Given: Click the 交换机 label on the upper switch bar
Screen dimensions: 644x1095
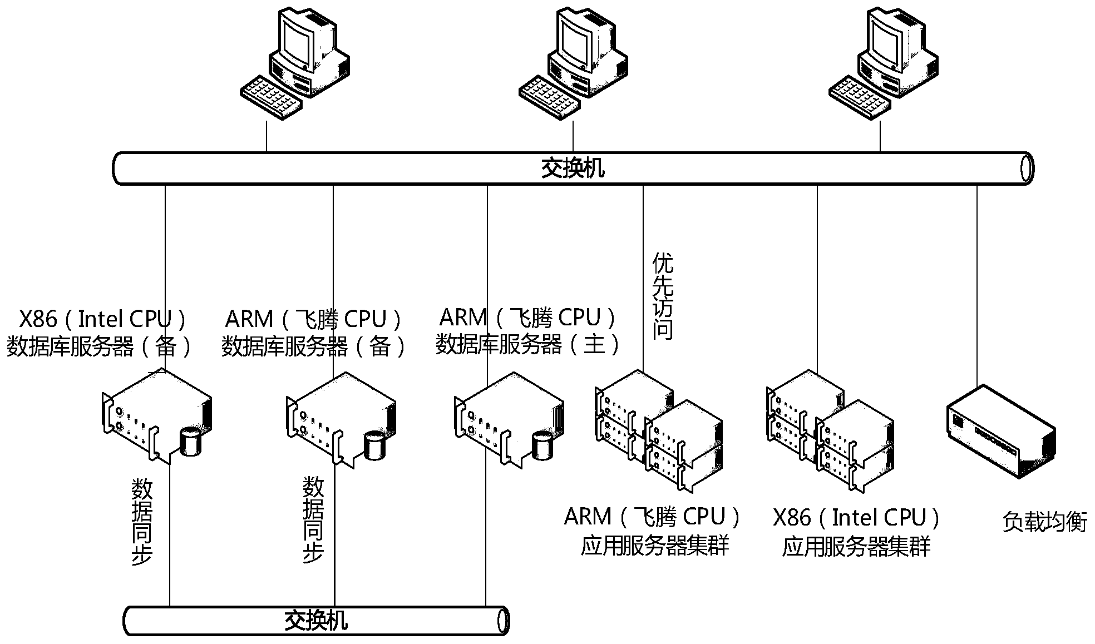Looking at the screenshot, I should (x=573, y=168).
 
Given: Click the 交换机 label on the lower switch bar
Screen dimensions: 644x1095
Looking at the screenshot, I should (x=316, y=621).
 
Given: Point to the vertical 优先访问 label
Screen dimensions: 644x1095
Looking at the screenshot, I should (x=663, y=296).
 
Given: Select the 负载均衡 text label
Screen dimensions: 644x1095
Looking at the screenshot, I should (x=1044, y=522).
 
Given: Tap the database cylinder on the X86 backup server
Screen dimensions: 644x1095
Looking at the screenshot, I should (x=191, y=442).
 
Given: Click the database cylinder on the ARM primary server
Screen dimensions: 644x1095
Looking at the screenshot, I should (x=543, y=445).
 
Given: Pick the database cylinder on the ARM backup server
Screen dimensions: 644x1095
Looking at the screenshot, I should (x=374, y=445).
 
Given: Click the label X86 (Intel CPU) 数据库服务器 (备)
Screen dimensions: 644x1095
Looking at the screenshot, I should (x=100, y=333).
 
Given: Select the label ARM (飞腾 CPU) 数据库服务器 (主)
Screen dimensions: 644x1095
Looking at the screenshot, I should (x=527, y=331).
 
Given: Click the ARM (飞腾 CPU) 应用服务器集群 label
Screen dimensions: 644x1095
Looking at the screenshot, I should (x=654, y=532).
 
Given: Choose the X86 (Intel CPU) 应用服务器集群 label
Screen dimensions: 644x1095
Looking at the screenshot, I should (x=856, y=532).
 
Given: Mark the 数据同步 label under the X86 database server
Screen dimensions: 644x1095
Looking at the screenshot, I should (x=141, y=522).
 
